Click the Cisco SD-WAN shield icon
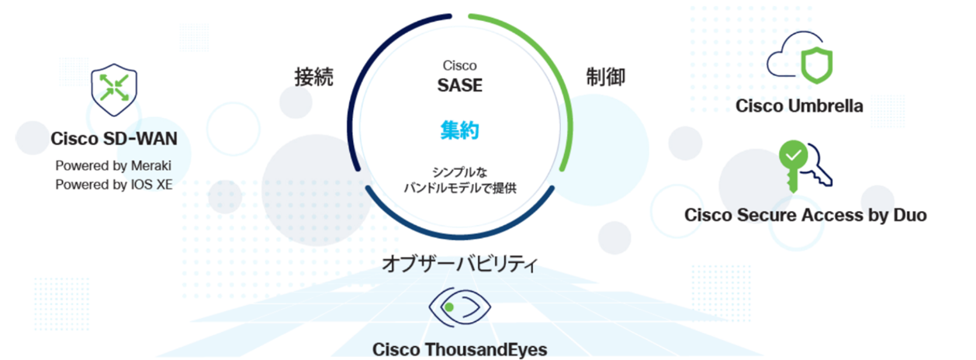tap(114, 90)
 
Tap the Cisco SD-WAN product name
tap(114, 139)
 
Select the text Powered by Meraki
tap(113, 165)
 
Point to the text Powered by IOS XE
tap(114, 185)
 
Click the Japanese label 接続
tap(313, 77)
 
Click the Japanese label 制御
tap(606, 77)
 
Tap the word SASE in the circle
tap(459, 85)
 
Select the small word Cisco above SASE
tap(459, 65)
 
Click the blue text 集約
tap(459, 130)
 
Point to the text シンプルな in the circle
tap(459, 172)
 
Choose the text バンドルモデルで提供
tap(459, 189)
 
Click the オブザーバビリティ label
tap(459, 264)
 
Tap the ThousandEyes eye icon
tap(459, 307)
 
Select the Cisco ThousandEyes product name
tap(459, 350)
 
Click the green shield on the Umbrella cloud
tap(817, 65)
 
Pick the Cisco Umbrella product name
tap(800, 106)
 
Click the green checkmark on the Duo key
tap(793, 154)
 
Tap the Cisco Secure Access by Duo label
tap(805, 215)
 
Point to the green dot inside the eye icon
tap(449, 307)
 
